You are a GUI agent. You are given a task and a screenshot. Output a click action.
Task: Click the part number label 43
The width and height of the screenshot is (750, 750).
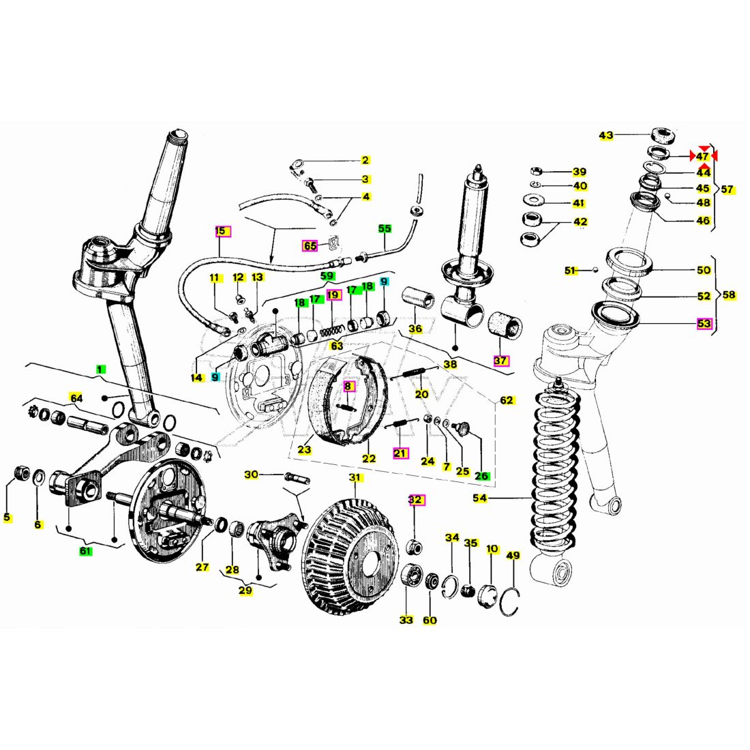[x=605, y=136]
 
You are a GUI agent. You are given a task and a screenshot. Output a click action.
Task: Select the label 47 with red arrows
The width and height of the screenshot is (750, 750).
[x=702, y=156]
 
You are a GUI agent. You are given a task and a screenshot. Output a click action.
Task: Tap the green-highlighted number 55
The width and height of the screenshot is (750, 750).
[x=385, y=228]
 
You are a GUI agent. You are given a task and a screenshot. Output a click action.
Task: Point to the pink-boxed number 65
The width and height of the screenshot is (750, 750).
[x=310, y=246]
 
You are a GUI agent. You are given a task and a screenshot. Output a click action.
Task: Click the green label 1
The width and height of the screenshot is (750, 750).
[x=100, y=370]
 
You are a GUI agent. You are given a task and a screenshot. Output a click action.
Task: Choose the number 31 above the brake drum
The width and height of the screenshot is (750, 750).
[x=355, y=477]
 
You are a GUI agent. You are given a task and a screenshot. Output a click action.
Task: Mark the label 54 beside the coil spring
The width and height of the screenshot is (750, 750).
[x=480, y=498]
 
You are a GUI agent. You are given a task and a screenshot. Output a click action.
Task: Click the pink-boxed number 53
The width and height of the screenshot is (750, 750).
[x=704, y=324]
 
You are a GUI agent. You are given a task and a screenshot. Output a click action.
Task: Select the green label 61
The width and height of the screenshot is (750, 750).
[x=85, y=551]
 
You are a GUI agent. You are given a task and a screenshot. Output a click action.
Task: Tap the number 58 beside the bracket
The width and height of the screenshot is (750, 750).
[x=729, y=295]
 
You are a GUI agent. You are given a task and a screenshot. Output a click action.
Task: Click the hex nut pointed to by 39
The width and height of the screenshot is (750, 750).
[x=536, y=170]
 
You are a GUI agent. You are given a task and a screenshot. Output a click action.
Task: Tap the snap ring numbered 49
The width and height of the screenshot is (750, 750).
[x=510, y=601]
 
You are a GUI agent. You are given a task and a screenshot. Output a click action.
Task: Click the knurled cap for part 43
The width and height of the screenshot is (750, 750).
[x=663, y=136]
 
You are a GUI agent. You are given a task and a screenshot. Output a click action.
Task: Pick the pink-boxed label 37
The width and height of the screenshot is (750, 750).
[x=501, y=361]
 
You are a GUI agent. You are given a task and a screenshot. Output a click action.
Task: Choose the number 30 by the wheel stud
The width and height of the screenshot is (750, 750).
[x=251, y=475]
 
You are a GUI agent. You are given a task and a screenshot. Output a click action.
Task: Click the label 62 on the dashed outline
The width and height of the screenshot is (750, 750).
[x=507, y=400]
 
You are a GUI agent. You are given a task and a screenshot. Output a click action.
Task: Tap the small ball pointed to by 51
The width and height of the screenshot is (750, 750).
[x=595, y=270]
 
